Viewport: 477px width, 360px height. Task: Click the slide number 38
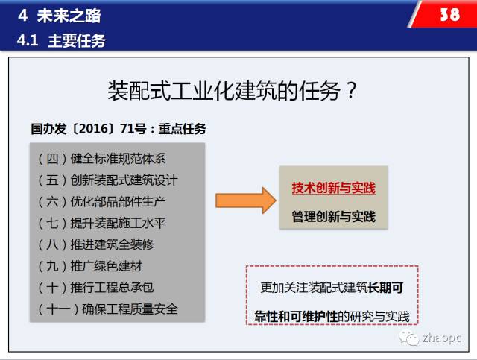click(x=450, y=14)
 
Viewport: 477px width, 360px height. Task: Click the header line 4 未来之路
click(x=60, y=16)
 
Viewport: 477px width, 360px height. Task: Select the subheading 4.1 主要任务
click(x=61, y=40)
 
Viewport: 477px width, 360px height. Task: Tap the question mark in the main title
click(x=351, y=90)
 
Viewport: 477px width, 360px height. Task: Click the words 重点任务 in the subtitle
click(x=182, y=129)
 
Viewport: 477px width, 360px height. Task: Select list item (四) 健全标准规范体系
click(x=102, y=159)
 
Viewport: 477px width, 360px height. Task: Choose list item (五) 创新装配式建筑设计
click(x=107, y=180)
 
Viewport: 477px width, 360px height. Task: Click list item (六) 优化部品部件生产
click(x=102, y=201)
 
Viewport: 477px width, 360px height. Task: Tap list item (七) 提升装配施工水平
click(x=102, y=223)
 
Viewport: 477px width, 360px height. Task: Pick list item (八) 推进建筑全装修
click(x=96, y=244)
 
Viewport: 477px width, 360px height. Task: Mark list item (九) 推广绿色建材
click(x=90, y=266)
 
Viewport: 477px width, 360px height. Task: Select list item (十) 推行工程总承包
click(x=96, y=288)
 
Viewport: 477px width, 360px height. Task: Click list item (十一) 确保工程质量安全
click(x=107, y=309)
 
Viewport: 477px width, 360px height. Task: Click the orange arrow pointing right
click(x=246, y=200)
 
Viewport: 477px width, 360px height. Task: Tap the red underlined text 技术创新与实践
click(x=334, y=188)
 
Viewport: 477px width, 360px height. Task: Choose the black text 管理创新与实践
click(x=334, y=217)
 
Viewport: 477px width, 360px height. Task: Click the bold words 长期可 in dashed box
click(x=385, y=288)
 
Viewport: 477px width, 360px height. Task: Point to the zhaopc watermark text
click(x=442, y=338)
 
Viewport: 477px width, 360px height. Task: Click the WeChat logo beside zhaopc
click(x=409, y=338)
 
